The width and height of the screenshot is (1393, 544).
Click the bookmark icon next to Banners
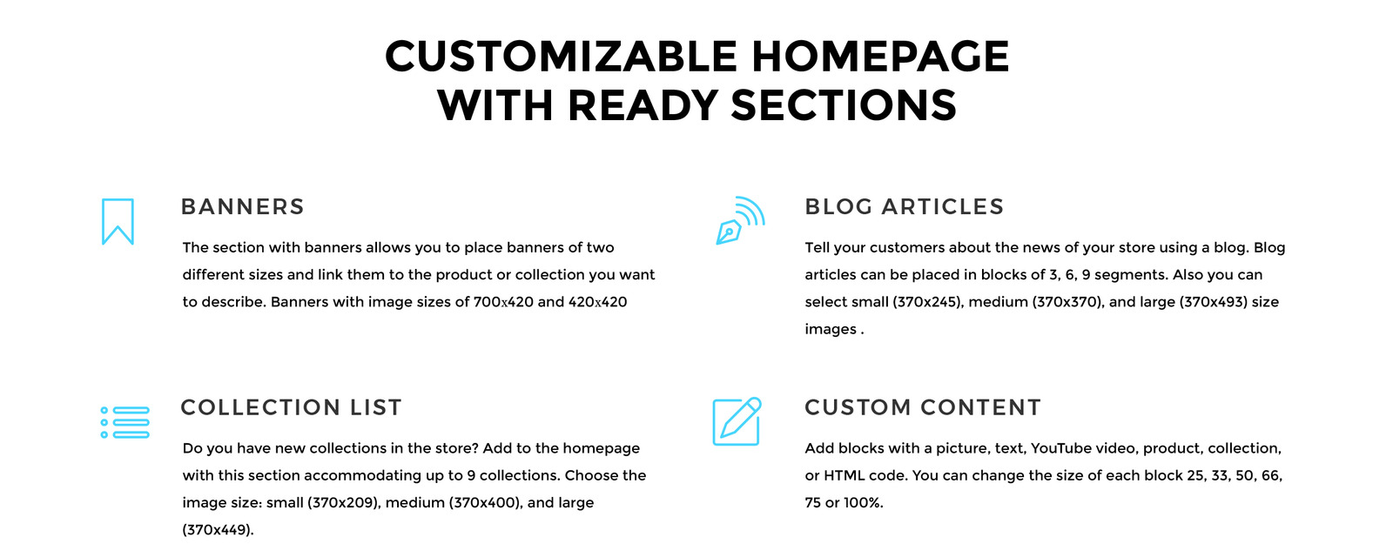(x=118, y=221)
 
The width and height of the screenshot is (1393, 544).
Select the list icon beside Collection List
(x=124, y=422)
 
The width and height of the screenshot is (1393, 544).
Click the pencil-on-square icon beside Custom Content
(x=737, y=421)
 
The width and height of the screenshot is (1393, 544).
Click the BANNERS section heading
(x=242, y=207)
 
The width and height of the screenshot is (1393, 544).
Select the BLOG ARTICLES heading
(x=904, y=207)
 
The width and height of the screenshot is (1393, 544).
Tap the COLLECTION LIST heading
(x=291, y=407)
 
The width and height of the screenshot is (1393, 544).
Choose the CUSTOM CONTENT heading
(x=922, y=407)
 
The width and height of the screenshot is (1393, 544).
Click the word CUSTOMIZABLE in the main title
(x=562, y=57)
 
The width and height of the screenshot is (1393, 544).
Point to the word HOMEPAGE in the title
(x=880, y=57)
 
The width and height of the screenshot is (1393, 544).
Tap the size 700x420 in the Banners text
(x=503, y=302)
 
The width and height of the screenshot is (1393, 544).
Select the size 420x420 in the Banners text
(x=597, y=302)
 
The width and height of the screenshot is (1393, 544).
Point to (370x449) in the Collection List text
(x=218, y=530)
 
